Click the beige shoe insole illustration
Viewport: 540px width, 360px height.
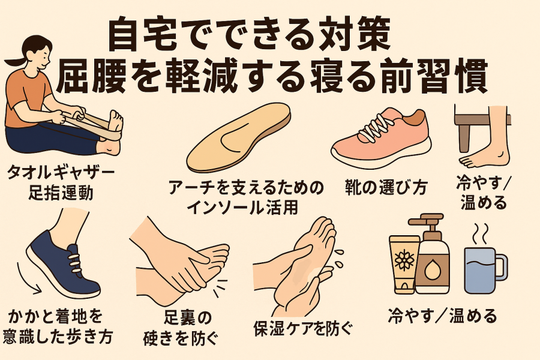(238, 138)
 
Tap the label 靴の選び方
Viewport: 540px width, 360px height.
(386, 188)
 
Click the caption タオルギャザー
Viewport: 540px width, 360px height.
(61, 171)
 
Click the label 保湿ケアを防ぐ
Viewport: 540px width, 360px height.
(304, 328)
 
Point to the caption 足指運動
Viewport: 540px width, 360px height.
(61, 192)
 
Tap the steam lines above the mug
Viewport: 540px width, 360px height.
(481, 233)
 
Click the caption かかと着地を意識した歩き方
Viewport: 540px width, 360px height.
(58, 326)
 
